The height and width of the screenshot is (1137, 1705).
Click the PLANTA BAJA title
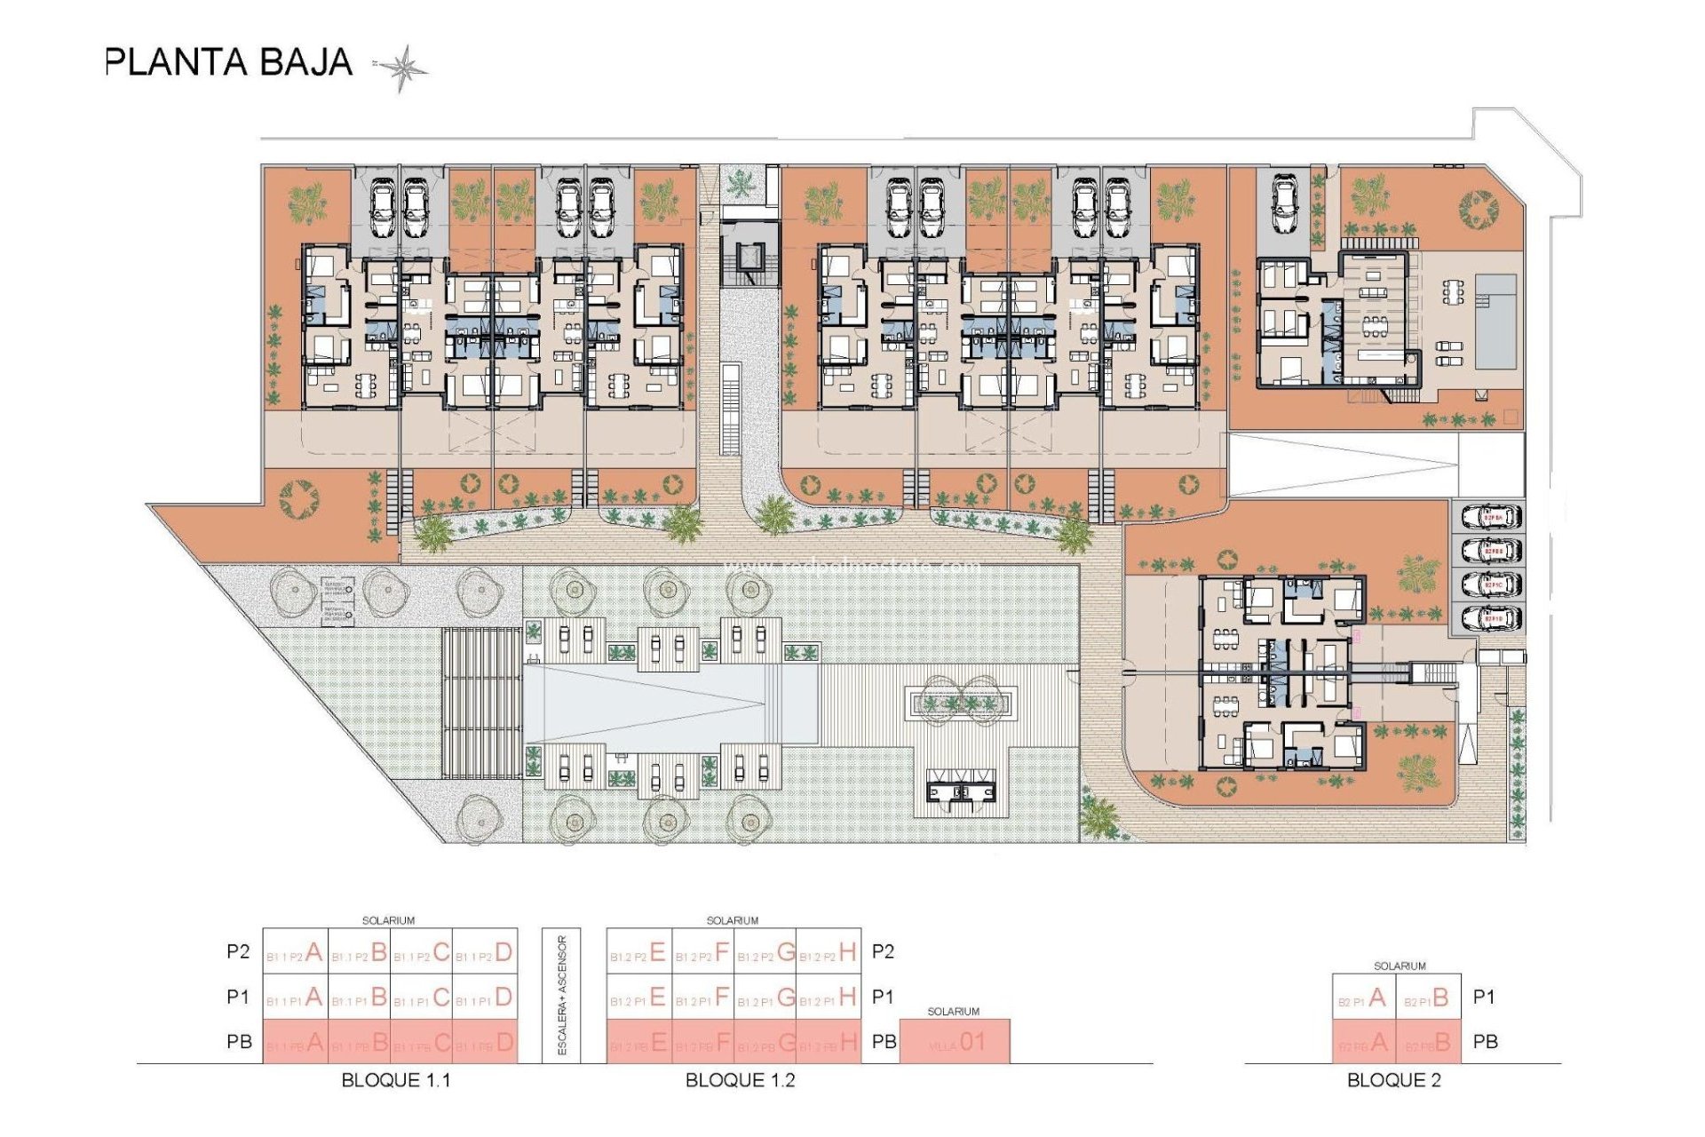[229, 63]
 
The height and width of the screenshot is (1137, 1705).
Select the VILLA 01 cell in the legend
[955, 1042]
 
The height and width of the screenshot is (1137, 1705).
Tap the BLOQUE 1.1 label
[395, 1080]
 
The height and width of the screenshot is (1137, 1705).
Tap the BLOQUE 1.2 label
[740, 1080]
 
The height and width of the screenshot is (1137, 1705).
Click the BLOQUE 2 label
[1393, 1080]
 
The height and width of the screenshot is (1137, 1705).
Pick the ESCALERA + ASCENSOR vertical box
[561, 996]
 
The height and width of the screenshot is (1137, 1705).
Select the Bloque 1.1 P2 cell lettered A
[296, 953]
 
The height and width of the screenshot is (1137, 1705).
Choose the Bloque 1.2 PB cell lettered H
[829, 1043]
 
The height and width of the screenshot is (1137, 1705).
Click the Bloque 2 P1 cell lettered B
[1428, 998]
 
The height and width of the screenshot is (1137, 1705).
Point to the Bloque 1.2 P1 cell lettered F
[702, 998]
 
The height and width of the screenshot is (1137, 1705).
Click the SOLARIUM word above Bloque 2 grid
[1400, 966]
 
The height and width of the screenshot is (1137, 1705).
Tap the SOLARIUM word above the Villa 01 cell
[953, 1012]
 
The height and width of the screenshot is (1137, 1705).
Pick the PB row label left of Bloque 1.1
[239, 1042]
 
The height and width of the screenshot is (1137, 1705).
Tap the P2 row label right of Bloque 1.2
[883, 952]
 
